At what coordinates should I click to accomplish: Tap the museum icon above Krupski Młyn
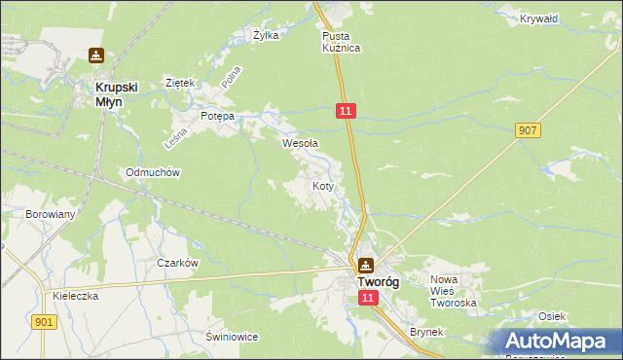[x=96, y=56]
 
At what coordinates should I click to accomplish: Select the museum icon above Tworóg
[x=365, y=264]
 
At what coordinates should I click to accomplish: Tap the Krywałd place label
[x=538, y=18]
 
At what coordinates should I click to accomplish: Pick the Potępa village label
[x=217, y=116]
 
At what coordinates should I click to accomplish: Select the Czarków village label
[x=178, y=263]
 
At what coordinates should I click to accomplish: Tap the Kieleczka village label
[x=76, y=296]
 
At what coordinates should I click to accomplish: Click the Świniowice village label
[x=231, y=337]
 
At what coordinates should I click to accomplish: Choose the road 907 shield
[x=529, y=130]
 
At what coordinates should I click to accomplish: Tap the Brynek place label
[x=426, y=332]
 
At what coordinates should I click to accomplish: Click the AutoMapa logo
[x=561, y=342]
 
